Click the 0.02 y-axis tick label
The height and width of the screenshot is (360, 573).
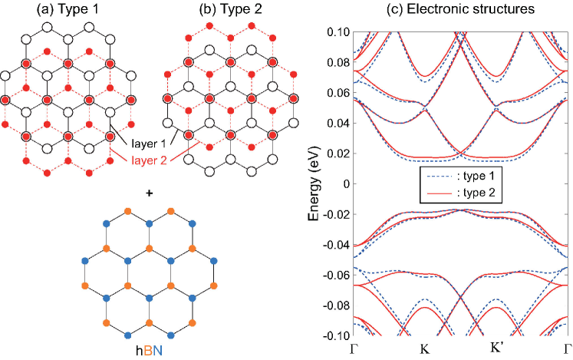point(338,154)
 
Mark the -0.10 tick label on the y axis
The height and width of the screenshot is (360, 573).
point(335,336)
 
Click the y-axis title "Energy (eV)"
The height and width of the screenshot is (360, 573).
point(314,183)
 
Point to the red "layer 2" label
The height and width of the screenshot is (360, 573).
point(151,160)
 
